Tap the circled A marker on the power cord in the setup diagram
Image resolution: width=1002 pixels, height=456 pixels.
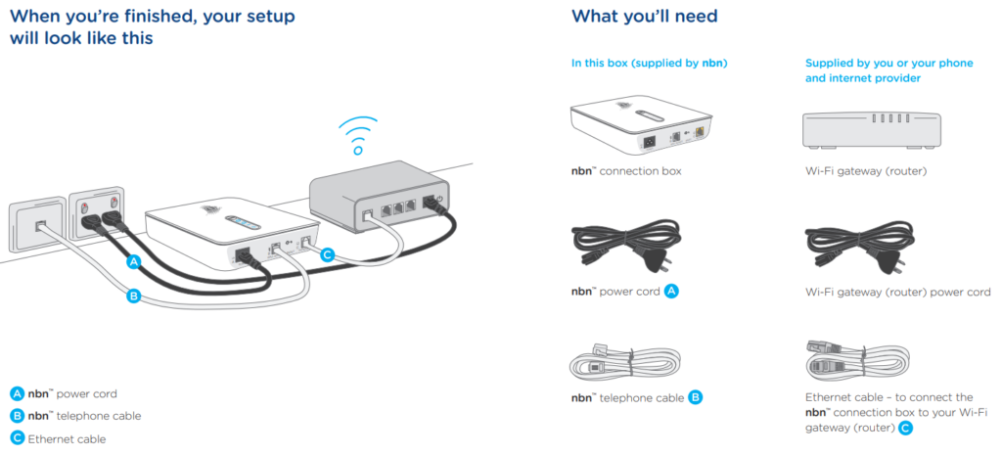pos(133,262)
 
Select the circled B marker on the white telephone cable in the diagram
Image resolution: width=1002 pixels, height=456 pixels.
pos(133,296)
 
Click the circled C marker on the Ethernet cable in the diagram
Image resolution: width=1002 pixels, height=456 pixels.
pos(328,254)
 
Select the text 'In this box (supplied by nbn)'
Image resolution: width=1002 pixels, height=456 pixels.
pos(649,64)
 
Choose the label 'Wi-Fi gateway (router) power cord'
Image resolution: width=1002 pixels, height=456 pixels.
pos(897,293)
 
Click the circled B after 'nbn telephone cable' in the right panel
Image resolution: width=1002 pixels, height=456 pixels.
pos(696,397)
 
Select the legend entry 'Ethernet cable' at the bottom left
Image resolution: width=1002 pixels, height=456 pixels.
pos(67,439)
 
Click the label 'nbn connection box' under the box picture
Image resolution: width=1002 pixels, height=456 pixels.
pos(626,171)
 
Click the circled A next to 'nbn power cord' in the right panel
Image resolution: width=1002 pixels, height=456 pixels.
pos(671,292)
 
